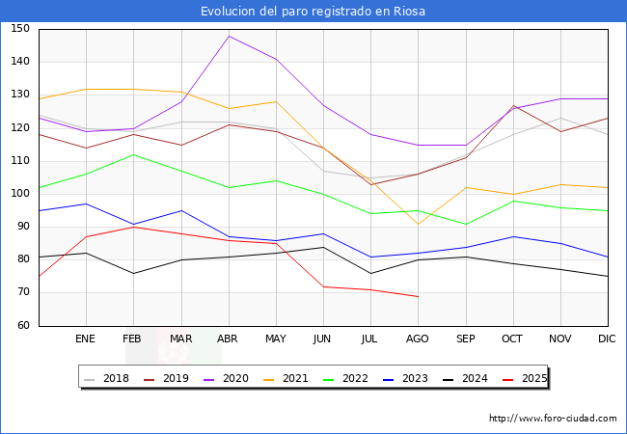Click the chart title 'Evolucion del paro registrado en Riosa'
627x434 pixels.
point(313,12)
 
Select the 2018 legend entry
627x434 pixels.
point(106,378)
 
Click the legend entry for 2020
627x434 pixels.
point(226,378)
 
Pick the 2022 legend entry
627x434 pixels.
point(345,378)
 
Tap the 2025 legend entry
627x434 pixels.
point(525,378)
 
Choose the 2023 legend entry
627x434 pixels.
point(405,378)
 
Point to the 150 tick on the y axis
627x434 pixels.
point(20,28)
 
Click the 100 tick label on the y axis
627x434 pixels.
point(20,194)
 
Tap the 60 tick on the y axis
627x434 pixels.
point(23,325)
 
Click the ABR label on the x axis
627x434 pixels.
point(228,339)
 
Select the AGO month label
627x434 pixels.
point(418,339)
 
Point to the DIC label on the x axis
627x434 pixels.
point(607,339)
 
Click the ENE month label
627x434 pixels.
point(85,339)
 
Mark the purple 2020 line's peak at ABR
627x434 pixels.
point(229,36)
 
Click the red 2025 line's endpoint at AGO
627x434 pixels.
point(419,296)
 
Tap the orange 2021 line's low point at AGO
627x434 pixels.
point(419,224)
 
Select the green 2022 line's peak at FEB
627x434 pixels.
point(133,154)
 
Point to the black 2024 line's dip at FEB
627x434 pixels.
point(133,273)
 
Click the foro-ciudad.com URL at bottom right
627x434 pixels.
point(553,419)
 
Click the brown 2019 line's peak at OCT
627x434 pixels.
point(513,105)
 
